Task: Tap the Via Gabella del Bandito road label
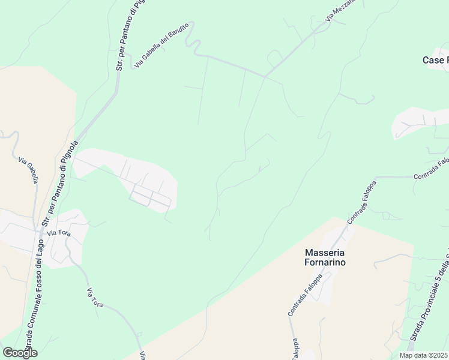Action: (161, 45)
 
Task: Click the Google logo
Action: (20, 353)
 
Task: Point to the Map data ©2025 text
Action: (424, 355)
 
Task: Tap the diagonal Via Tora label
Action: (95, 298)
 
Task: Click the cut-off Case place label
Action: (435, 60)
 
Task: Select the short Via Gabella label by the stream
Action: (29, 170)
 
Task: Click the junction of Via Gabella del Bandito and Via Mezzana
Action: (266, 76)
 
